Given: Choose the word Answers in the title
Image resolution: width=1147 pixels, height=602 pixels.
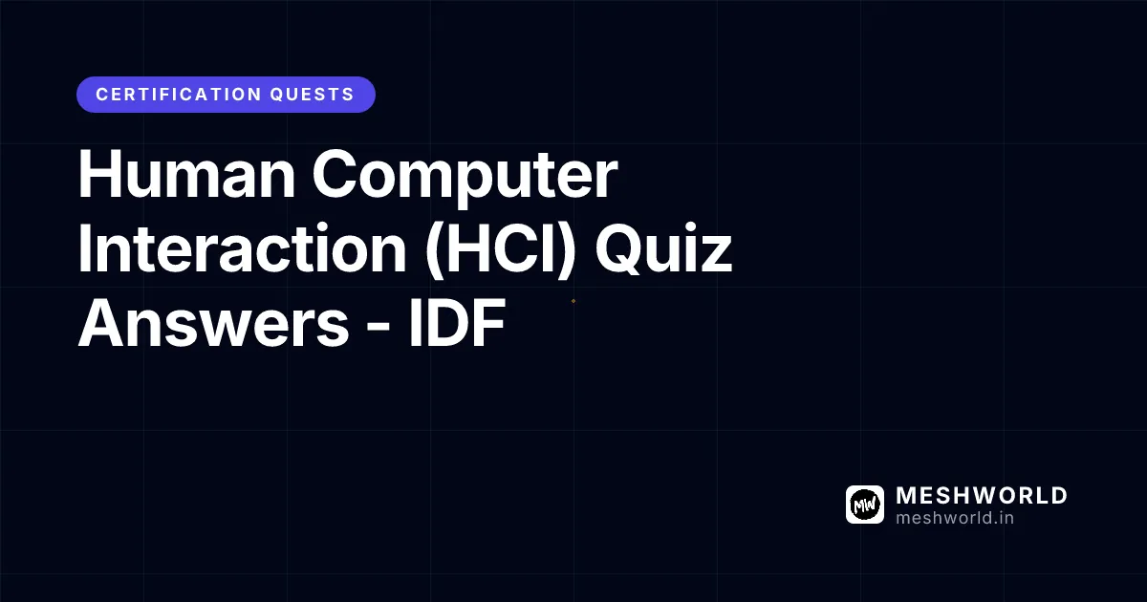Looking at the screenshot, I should [213, 325].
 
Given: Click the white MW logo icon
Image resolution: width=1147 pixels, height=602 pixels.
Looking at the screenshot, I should [865, 505].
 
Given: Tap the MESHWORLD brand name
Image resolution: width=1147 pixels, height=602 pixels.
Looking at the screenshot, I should [982, 496].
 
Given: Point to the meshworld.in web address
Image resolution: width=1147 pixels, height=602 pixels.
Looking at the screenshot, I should [955, 518].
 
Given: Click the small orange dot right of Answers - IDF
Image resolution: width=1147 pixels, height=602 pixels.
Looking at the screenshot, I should [573, 301].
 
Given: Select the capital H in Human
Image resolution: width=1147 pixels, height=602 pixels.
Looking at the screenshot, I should [98, 178].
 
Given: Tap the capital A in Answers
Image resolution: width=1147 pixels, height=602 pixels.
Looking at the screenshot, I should [102, 325].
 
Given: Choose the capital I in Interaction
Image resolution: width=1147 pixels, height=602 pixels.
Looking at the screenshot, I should [86, 250].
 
